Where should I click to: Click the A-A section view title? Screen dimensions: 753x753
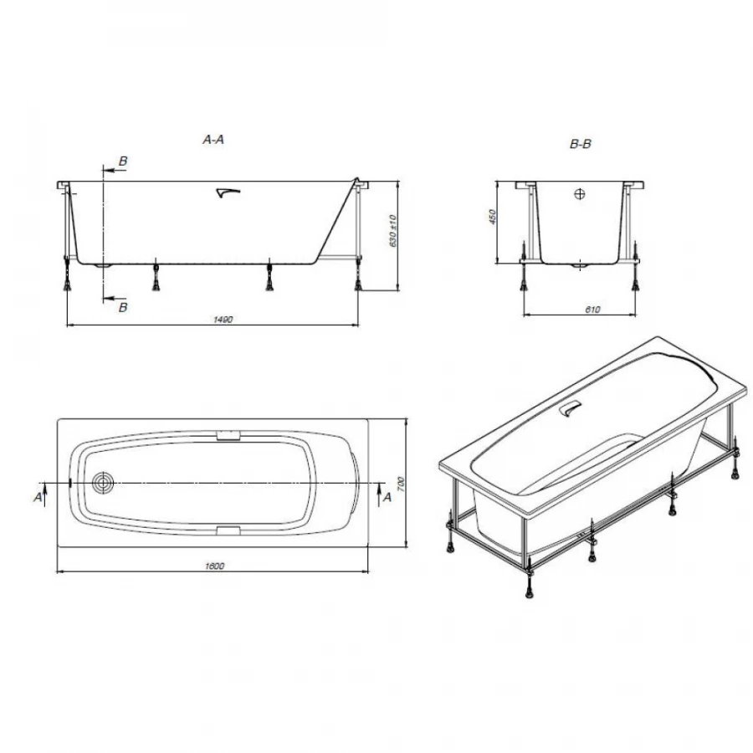[x=214, y=141]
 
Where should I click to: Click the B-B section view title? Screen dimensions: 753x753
[x=581, y=145]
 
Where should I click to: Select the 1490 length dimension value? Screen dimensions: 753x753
[x=222, y=319]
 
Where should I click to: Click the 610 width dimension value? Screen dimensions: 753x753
[x=592, y=310]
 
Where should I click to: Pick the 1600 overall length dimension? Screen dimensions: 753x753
[x=214, y=566]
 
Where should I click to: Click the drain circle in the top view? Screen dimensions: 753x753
[x=104, y=483]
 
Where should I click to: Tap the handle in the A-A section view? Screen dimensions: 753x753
[x=227, y=193]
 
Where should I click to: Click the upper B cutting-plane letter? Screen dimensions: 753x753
[x=123, y=161]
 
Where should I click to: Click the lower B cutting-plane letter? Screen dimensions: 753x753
[x=123, y=307]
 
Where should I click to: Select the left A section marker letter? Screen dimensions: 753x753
[x=38, y=497]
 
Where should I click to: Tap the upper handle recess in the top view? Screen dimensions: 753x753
[x=228, y=435]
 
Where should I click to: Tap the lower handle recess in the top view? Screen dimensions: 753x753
[x=228, y=530]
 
